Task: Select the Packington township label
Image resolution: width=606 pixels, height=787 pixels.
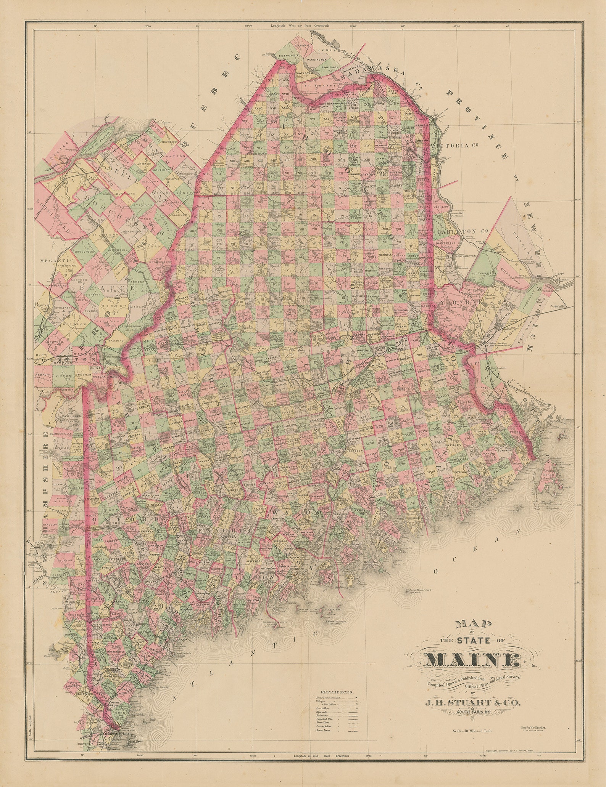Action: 317,60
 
